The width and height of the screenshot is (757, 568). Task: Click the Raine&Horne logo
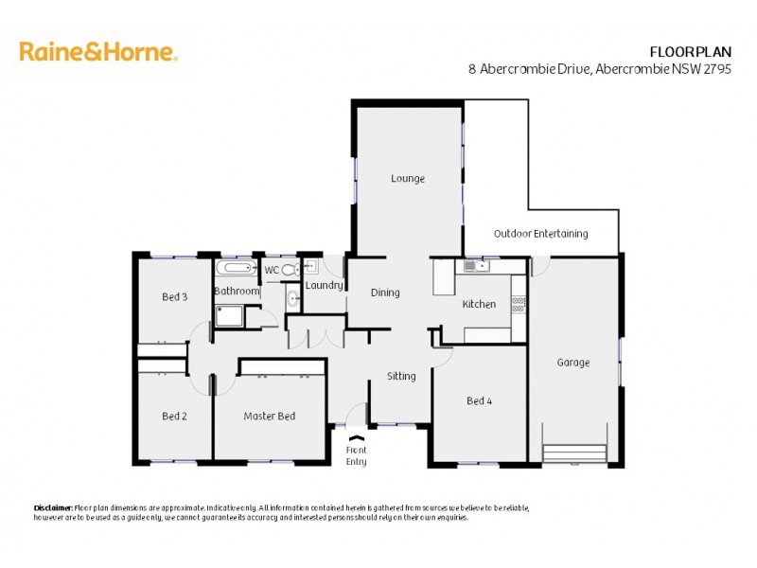point(97,51)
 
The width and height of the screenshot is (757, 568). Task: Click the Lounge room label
point(408,178)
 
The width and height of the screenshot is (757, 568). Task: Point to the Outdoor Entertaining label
point(540,233)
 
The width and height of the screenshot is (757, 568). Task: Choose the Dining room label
point(384,293)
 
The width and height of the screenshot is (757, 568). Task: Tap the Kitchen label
point(479,304)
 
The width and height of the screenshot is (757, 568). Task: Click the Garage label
point(572,362)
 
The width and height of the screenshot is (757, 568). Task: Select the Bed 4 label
point(479,400)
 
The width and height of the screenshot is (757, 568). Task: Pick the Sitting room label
point(401,376)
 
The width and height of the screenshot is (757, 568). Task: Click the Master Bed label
point(269,416)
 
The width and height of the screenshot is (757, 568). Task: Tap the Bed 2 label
point(174,416)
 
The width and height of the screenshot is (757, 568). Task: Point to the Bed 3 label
point(174,296)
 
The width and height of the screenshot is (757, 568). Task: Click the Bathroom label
point(236,291)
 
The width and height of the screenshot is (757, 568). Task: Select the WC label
point(272,270)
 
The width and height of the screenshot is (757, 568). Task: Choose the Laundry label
point(324,284)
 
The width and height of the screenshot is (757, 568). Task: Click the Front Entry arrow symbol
point(356,438)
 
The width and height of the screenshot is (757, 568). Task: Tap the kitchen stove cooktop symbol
point(519,304)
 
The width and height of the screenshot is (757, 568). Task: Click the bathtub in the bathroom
point(236,267)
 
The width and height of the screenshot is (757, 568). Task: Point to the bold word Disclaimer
point(53,508)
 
